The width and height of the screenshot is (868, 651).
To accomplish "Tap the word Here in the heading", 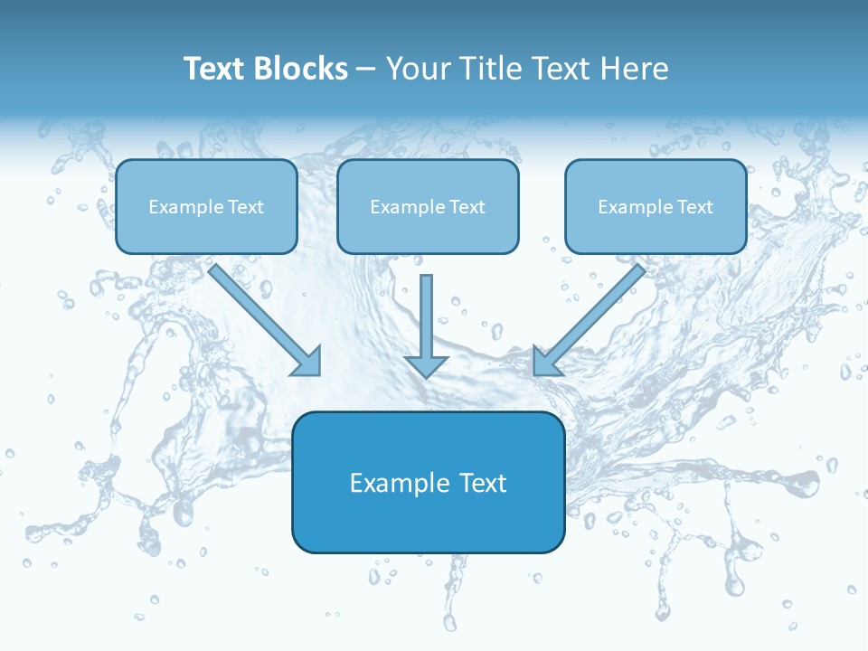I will point(637,69).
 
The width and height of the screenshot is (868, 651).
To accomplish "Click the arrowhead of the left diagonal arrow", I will point(307,361).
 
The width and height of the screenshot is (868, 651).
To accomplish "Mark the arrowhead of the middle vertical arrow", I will point(427,365).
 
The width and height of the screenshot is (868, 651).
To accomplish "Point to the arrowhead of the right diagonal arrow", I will point(546,361).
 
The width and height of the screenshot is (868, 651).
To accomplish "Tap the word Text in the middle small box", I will point(467,207).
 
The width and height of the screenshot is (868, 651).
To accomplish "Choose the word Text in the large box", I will point(483,483).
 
